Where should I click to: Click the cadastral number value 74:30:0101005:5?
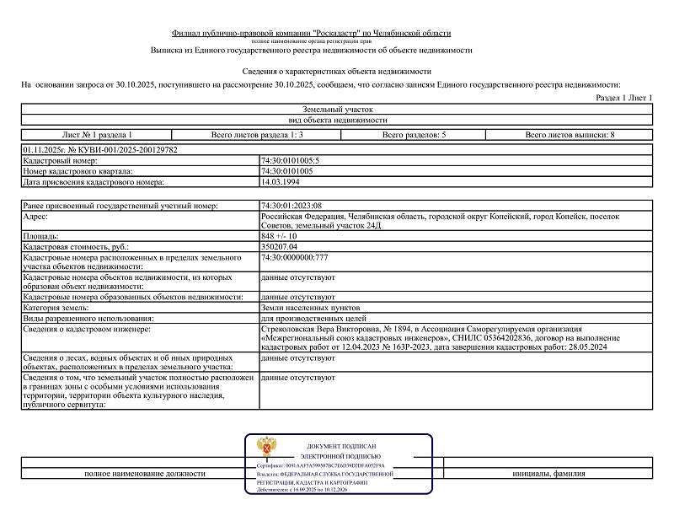tap(291, 160)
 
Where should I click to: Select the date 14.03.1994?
tap(281, 181)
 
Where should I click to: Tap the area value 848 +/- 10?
tap(279, 237)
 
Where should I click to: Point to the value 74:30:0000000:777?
tap(295, 257)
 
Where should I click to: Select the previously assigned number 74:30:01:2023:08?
tap(292, 206)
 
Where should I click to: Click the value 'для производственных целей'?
tap(313, 319)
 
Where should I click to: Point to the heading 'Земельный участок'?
tap(336, 110)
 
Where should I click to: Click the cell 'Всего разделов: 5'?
tap(414, 135)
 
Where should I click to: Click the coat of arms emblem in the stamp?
tap(268, 447)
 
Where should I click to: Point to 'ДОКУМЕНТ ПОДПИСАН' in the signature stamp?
tap(340, 446)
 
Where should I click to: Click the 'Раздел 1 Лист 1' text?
tap(624, 98)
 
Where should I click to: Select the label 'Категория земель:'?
tap(58, 308)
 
